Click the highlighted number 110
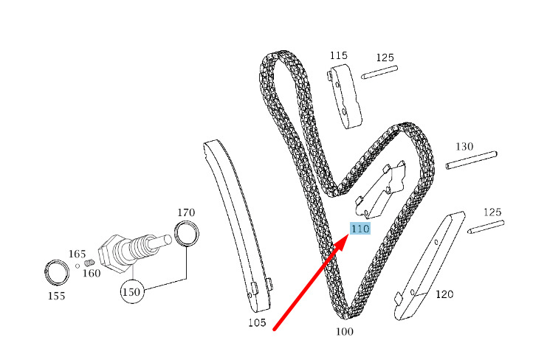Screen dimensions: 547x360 click(360, 229)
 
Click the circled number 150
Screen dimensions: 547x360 click(131, 291)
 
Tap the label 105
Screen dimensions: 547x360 click(257, 322)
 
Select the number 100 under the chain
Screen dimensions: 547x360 click(344, 331)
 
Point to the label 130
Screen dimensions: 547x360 click(464, 146)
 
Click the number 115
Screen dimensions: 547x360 click(339, 55)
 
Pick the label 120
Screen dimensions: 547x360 click(444, 294)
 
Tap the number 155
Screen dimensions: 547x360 click(57, 296)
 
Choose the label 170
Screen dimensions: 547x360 click(186, 212)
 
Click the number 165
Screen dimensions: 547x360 click(77, 254)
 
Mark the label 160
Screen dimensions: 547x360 click(92, 273)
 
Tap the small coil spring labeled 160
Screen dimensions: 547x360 click(89, 262)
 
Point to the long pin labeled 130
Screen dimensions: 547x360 click(471, 160)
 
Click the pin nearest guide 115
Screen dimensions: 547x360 click(379, 72)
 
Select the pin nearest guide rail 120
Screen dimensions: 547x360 click(486, 227)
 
